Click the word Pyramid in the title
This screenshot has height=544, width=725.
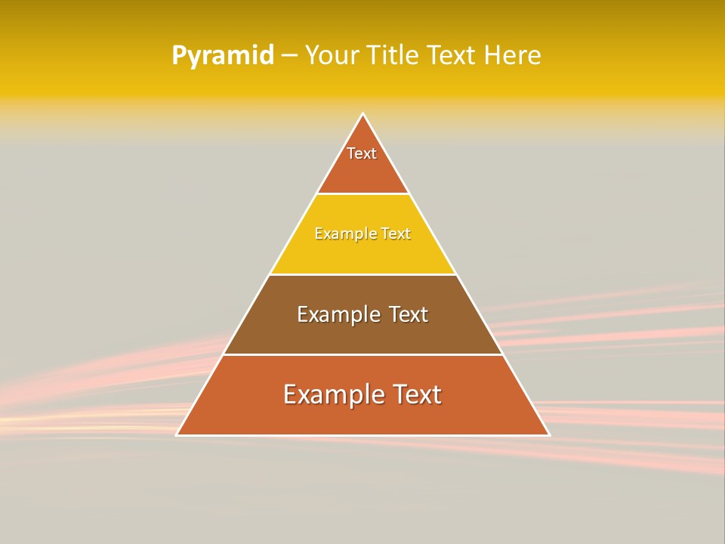coord(223,56)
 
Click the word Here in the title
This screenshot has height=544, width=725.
coord(513,55)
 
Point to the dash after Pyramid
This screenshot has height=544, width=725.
coord(289,56)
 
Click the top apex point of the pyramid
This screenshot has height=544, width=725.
coord(363,114)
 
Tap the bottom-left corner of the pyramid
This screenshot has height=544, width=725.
coord(177,434)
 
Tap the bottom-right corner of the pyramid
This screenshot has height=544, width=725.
coord(549,434)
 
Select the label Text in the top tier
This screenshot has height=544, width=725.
coord(362,153)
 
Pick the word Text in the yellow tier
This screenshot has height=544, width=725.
coord(396,233)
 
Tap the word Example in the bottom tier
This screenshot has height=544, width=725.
coord(329,394)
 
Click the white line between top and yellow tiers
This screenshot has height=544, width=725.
coord(363,194)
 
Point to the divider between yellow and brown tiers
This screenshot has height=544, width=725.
coord(363,274)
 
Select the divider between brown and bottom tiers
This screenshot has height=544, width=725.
coord(363,354)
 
